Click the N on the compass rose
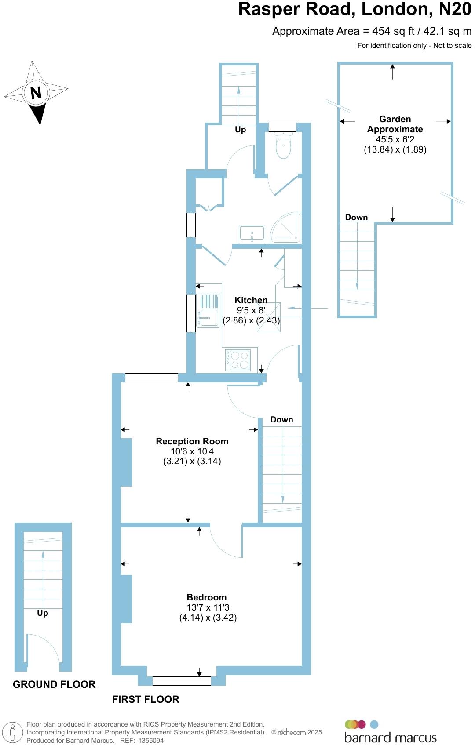tap(36, 93)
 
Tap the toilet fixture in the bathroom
tap(283, 146)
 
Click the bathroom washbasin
tap(252, 233)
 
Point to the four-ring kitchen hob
tap(238, 360)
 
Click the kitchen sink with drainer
tap(208, 310)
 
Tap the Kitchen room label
tap(251, 300)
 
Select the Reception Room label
tap(192, 441)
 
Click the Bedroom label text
tap(207, 597)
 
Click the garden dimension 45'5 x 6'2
tap(395, 139)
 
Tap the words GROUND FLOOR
tap(54, 684)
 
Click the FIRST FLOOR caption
tap(146, 699)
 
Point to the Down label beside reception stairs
tap(281, 420)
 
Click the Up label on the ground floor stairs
tap(43, 613)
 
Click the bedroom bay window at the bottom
tap(182, 681)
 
